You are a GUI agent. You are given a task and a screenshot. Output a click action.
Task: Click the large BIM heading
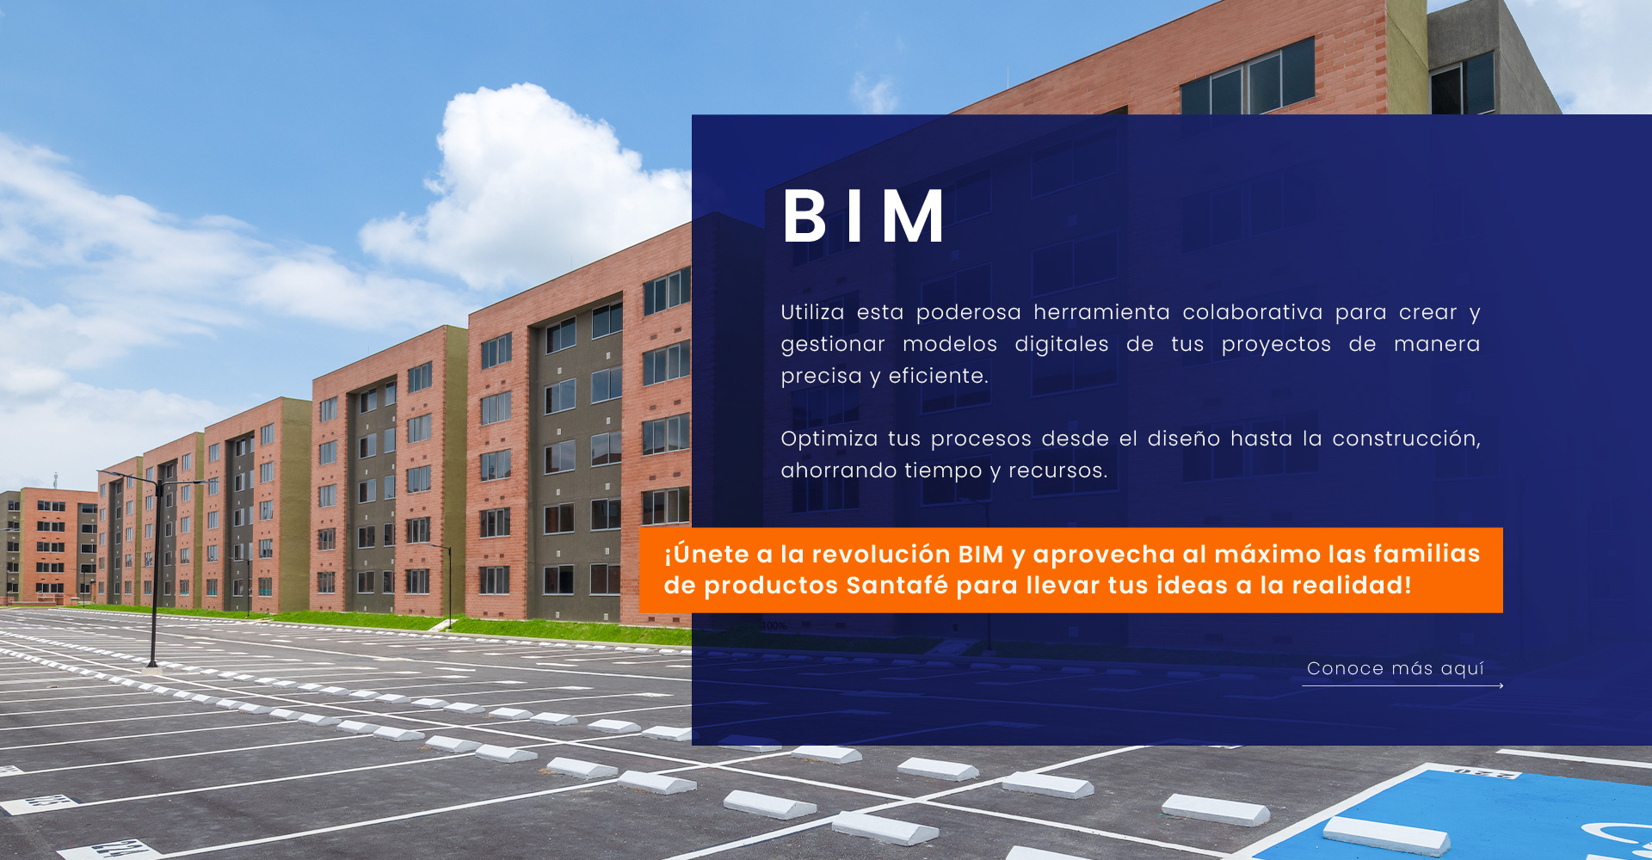pyautogui.click(x=864, y=216)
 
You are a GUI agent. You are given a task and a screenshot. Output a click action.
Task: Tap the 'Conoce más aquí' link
pyautogui.click(x=1396, y=669)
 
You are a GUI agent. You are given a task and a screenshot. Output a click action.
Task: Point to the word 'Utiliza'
pyautogui.click(x=812, y=312)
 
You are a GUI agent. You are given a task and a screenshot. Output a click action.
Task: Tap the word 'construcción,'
pyautogui.click(x=1407, y=439)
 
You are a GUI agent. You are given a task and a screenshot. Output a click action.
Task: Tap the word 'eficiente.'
pyautogui.click(x=938, y=376)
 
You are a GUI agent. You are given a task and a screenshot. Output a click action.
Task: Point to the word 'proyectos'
pyautogui.click(x=1276, y=344)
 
